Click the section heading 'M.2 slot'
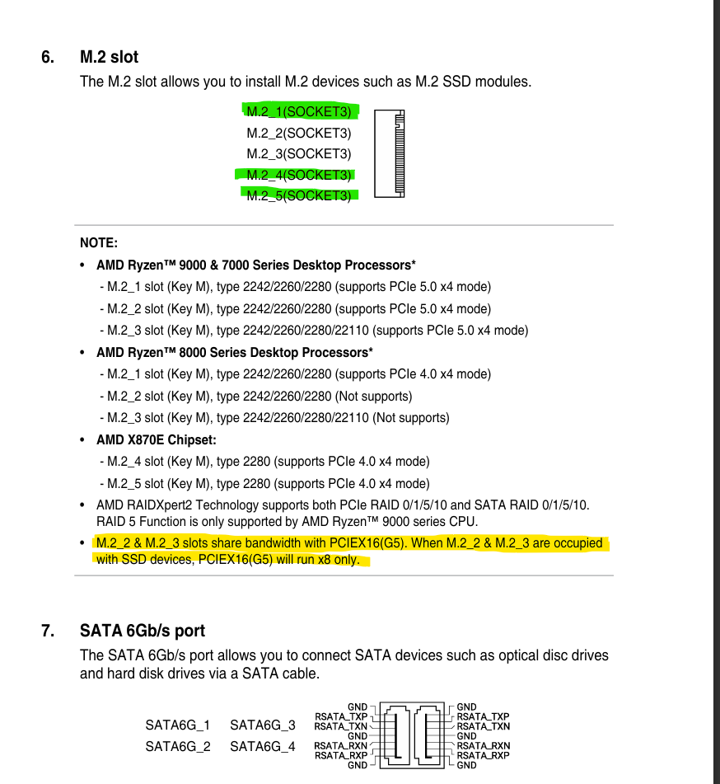(109, 57)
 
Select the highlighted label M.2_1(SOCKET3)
(298, 111)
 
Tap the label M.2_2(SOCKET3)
(298, 133)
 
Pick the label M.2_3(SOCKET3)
(298, 153)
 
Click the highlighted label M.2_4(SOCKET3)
(298, 175)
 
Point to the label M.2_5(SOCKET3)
(298, 195)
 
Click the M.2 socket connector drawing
(390, 153)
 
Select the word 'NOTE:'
(99, 243)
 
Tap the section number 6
(48, 57)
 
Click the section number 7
(48, 631)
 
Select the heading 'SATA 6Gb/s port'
(143, 631)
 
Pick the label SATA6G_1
(178, 725)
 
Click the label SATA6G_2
(178, 746)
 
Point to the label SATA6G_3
(262, 725)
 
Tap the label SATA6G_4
(262, 746)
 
